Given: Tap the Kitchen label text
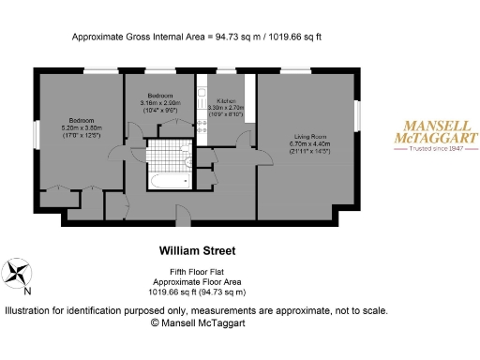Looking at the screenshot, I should click(226, 99).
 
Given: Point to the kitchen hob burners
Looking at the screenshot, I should click(203, 127).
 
